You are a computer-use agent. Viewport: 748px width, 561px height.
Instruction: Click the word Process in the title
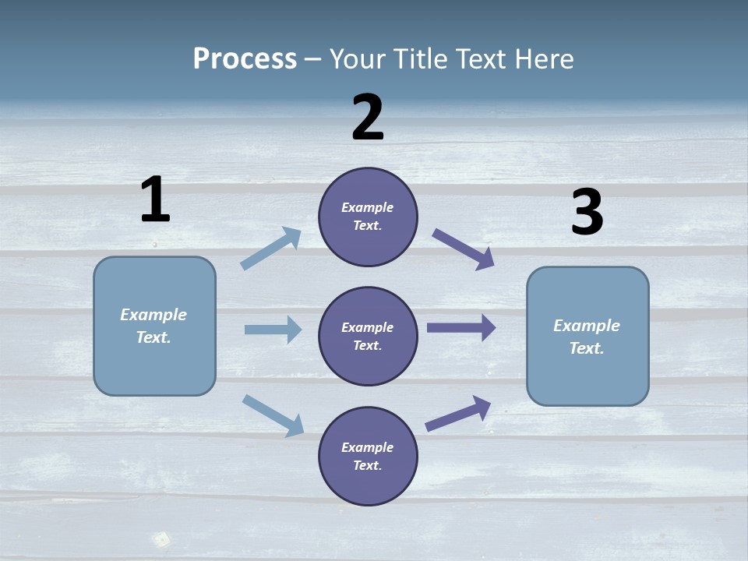(x=245, y=59)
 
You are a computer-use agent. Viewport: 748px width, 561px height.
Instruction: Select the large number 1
(x=155, y=199)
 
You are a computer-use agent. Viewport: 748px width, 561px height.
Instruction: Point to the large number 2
(x=368, y=118)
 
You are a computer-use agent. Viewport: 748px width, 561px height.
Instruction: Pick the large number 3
(x=587, y=213)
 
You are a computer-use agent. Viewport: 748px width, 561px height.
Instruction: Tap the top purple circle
(x=368, y=217)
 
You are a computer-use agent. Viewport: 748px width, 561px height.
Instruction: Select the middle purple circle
(x=368, y=337)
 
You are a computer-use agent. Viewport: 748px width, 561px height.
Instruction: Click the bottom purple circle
(x=368, y=457)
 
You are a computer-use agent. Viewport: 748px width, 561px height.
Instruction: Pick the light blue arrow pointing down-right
(x=273, y=415)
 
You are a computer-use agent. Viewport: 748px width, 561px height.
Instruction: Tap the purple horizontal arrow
(x=460, y=328)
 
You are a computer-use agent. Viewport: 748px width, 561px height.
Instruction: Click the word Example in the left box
(x=153, y=315)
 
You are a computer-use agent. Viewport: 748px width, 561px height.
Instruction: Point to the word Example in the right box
(x=587, y=326)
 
